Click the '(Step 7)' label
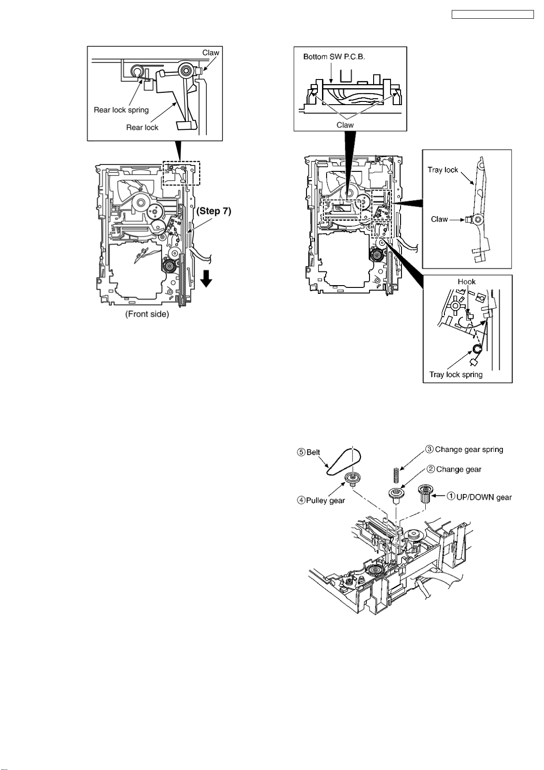(x=214, y=211)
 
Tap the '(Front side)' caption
(x=147, y=314)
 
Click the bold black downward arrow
(x=206, y=278)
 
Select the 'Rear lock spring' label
(x=121, y=110)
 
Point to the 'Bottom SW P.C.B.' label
(x=334, y=57)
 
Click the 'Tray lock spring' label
(x=456, y=375)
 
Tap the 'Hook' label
(x=466, y=282)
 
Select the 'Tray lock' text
(x=443, y=170)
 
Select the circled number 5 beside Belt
(x=301, y=452)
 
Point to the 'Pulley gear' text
(x=325, y=500)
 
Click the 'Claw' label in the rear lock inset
(x=211, y=53)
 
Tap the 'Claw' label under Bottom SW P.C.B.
(x=345, y=125)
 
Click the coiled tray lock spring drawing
(x=477, y=350)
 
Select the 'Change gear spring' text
(x=469, y=450)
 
